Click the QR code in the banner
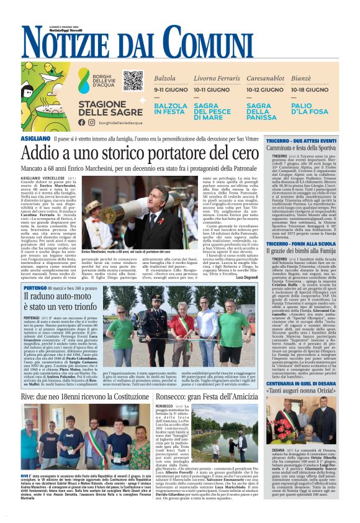click(133, 81)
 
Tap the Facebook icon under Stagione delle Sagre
click(82, 122)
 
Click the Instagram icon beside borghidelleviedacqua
click(91, 122)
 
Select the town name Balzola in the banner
click(165, 79)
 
